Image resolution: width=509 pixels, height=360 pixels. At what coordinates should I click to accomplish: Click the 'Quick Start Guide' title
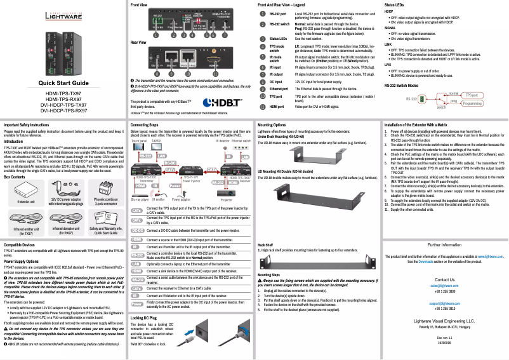tap(63, 101)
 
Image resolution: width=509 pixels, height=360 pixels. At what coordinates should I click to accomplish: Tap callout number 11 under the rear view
tap(217, 75)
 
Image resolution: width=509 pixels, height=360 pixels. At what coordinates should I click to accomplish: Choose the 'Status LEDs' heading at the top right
tap(395, 4)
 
